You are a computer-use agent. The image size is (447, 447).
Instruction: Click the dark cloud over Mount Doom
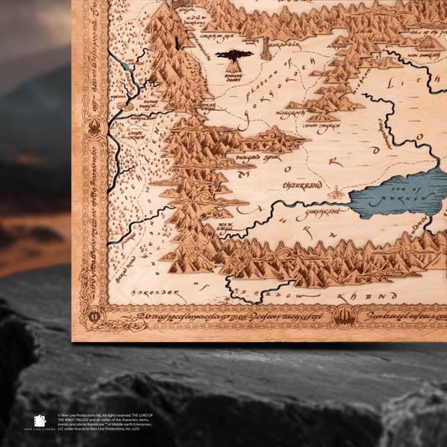(x=234, y=54)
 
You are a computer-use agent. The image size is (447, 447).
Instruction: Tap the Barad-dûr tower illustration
(x=266, y=46)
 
